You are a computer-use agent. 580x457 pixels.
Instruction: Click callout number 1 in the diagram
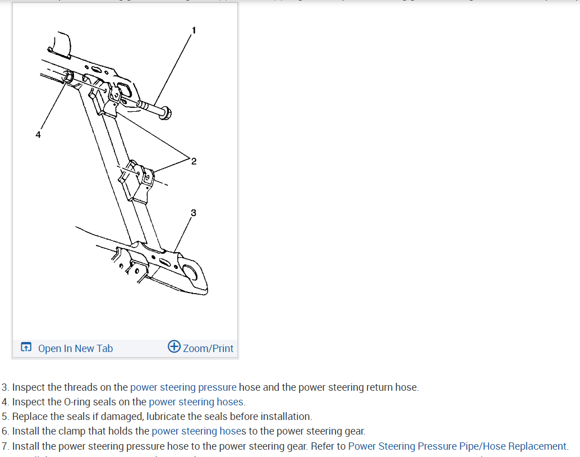tap(194, 30)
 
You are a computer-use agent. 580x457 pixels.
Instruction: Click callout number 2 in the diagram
tap(194, 162)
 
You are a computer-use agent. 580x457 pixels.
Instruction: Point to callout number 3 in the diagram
tap(194, 212)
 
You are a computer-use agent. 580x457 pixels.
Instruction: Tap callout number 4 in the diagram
tap(38, 135)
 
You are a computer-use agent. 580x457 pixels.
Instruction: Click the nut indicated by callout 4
tap(67, 76)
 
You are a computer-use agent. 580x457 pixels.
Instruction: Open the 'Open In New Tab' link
tap(75, 349)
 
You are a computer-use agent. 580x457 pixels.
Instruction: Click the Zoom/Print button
tap(208, 349)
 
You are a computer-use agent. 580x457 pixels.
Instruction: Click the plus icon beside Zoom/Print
tap(174, 346)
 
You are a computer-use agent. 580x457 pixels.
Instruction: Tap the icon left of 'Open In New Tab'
tap(26, 348)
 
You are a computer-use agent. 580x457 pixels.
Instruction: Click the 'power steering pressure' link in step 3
tap(183, 387)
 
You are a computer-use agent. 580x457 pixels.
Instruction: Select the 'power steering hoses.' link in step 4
tap(197, 402)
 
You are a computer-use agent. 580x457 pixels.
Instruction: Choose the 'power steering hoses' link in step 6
tap(199, 431)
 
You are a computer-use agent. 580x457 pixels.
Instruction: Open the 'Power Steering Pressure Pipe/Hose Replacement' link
tap(458, 446)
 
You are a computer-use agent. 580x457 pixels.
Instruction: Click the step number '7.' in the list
tap(6, 446)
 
